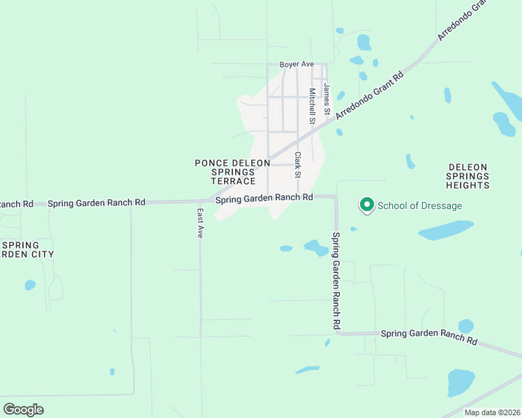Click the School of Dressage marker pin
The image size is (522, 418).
click(366, 205)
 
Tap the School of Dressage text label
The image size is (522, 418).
click(419, 206)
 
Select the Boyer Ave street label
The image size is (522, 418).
click(297, 65)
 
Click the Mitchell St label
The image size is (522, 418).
click(313, 106)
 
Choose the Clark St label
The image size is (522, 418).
click(297, 164)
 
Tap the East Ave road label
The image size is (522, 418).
click(200, 223)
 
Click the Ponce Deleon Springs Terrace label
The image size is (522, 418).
click(232, 171)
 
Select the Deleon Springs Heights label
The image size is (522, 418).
click(468, 177)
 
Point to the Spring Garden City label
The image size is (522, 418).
click(28, 249)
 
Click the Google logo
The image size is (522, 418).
click(23, 410)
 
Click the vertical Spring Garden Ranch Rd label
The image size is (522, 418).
click(336, 281)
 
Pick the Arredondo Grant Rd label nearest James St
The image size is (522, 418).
click(370, 95)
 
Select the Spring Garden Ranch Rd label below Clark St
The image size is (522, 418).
click(264, 199)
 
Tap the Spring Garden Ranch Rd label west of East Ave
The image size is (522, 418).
click(96, 203)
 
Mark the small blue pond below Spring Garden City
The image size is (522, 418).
click(30, 285)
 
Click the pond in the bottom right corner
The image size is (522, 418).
click(461, 382)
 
